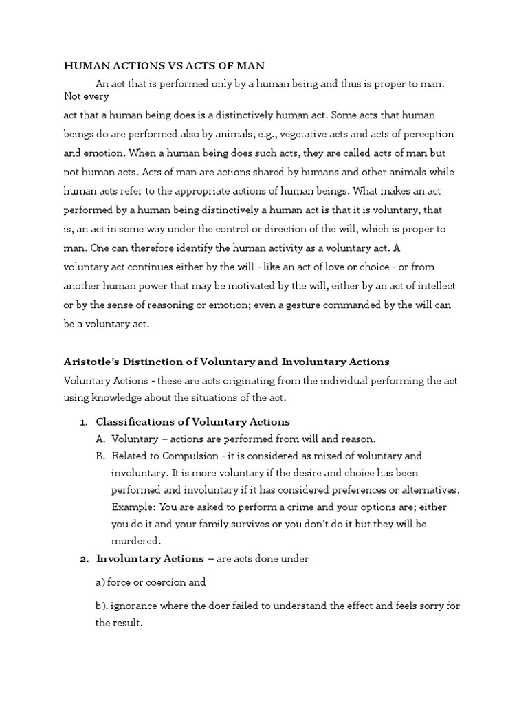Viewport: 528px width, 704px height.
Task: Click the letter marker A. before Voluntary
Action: pyautogui.click(x=100, y=439)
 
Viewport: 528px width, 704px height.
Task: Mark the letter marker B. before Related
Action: pyautogui.click(x=100, y=456)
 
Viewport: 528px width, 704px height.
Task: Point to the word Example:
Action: pyautogui.click(x=133, y=507)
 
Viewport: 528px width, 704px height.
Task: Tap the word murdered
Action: pyautogui.click(x=136, y=541)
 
